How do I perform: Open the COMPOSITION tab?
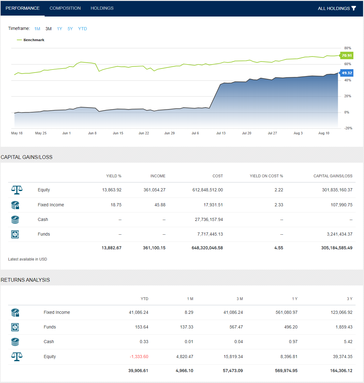[x=65, y=8]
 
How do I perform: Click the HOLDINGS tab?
[x=102, y=8]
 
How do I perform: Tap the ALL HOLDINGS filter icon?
[x=354, y=8]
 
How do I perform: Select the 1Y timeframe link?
[x=60, y=29]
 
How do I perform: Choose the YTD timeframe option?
[x=82, y=29]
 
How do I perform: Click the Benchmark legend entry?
[x=34, y=40]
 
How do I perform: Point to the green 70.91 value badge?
[x=347, y=55]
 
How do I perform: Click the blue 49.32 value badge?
[x=347, y=73]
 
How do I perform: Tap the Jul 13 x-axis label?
[x=221, y=133]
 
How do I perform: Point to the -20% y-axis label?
[x=348, y=128]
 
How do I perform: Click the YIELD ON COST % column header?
[x=266, y=176]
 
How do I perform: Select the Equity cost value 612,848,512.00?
[x=208, y=190]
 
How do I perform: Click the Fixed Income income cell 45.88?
[x=160, y=205]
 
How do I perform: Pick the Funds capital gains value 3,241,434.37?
[x=339, y=234]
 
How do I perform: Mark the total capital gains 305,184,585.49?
[x=337, y=248]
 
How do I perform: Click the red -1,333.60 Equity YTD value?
[x=139, y=357]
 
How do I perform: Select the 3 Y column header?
[x=349, y=299]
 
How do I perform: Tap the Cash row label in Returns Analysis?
[x=49, y=342]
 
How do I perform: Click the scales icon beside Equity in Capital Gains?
[x=17, y=190]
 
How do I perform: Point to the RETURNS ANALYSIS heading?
[x=25, y=280]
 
